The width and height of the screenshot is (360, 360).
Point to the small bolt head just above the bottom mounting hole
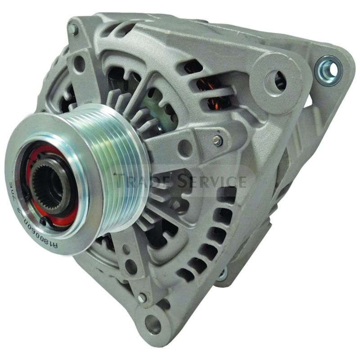(x=142, y=297)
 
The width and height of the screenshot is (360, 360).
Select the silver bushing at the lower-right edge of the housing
(x=221, y=275)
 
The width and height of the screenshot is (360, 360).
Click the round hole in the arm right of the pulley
(x=182, y=145)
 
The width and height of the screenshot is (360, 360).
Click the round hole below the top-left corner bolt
(x=79, y=63)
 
